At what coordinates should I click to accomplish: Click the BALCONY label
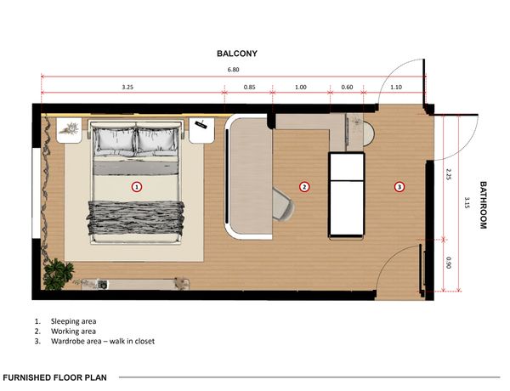[x=237, y=54]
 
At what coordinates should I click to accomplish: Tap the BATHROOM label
[x=484, y=205]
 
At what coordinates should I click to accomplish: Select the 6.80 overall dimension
[x=233, y=70]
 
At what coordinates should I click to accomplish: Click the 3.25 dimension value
[x=127, y=87]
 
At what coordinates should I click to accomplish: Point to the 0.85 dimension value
[x=249, y=87]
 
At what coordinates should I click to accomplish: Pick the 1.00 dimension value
[x=301, y=87]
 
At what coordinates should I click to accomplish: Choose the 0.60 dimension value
[x=347, y=87]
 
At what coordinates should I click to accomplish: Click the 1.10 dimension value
[x=396, y=87]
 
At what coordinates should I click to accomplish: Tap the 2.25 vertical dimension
[x=448, y=175]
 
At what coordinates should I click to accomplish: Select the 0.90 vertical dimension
[x=448, y=263]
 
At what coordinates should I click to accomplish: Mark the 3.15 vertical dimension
[x=467, y=202]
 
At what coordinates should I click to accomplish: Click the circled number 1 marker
[x=137, y=187]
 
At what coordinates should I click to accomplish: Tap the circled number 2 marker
[x=304, y=187]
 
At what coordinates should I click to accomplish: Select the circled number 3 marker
[x=399, y=187]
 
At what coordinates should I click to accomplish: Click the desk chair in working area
[x=283, y=204]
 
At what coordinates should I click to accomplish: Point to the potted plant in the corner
[x=58, y=274]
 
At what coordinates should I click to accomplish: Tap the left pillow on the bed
[x=115, y=140]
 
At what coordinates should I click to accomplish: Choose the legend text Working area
[x=73, y=331]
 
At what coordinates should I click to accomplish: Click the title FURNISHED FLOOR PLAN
[x=54, y=377]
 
